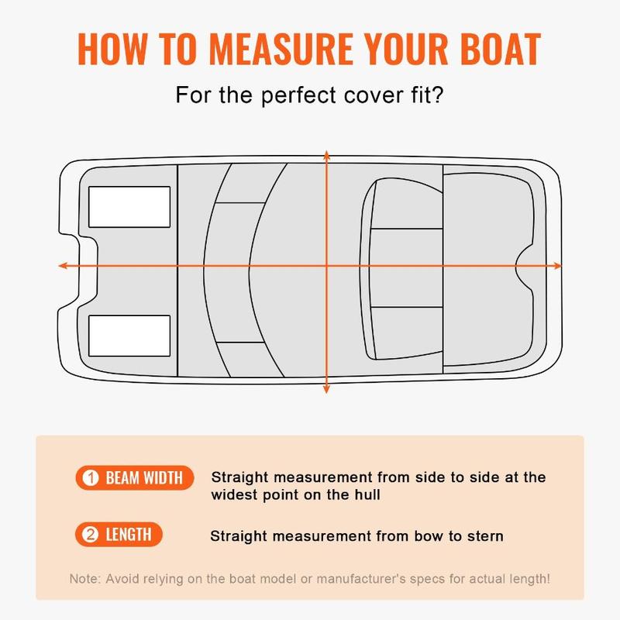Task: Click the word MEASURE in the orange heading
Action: (x=281, y=49)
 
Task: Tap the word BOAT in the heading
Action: (x=500, y=49)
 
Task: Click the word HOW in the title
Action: (x=112, y=49)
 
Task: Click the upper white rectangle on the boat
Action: (x=129, y=207)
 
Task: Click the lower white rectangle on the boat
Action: (x=129, y=336)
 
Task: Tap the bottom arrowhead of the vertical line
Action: (x=326, y=389)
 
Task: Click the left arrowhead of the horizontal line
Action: (x=63, y=266)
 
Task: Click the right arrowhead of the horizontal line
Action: (x=557, y=266)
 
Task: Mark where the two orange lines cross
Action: (x=326, y=266)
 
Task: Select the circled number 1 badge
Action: (x=91, y=478)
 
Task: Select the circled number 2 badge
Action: (x=90, y=535)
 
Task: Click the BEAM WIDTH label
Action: (x=144, y=478)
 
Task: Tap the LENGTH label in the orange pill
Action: (x=129, y=535)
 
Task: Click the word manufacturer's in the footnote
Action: (x=361, y=579)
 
